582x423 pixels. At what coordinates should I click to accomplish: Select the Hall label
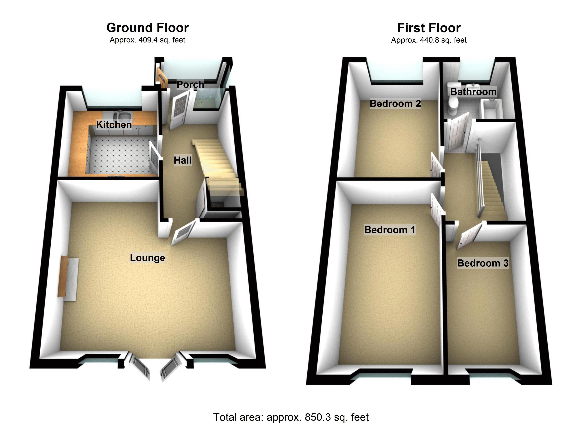point(183,160)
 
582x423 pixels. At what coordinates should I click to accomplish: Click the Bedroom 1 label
point(390,230)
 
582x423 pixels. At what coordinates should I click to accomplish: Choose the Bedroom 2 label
point(395,103)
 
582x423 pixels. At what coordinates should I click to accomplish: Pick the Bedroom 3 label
point(483,263)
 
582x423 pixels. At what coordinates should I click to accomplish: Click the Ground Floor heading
point(148,28)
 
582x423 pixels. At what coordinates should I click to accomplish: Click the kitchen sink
point(125,117)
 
